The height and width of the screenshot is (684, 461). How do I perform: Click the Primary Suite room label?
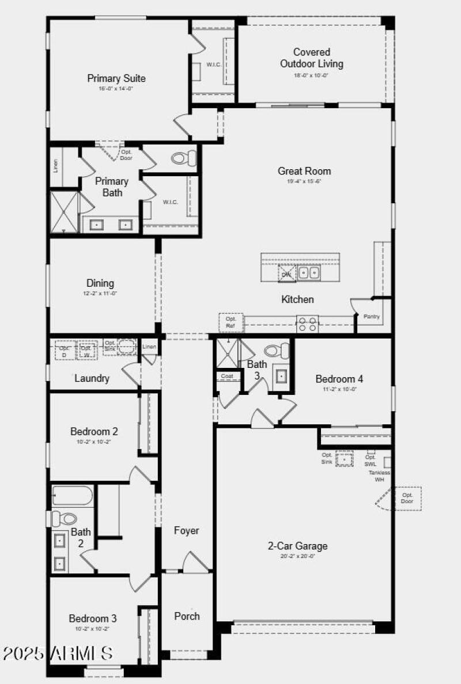pyautogui.click(x=116, y=78)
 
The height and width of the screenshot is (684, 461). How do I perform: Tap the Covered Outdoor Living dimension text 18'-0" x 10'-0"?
pyautogui.click(x=311, y=75)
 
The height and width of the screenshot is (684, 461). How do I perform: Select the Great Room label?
pyautogui.click(x=304, y=170)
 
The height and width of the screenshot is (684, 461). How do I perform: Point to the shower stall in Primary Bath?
pyautogui.click(x=63, y=212)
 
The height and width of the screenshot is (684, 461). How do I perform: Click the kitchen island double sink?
pyautogui.click(x=309, y=273)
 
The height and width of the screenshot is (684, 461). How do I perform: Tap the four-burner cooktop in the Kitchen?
pyautogui.click(x=307, y=324)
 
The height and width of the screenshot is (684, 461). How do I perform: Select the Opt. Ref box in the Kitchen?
pyautogui.click(x=231, y=322)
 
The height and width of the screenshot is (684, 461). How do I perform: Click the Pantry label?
pyautogui.click(x=372, y=317)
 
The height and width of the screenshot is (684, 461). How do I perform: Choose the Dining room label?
pyautogui.click(x=100, y=283)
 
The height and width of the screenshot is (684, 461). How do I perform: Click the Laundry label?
pyautogui.click(x=92, y=378)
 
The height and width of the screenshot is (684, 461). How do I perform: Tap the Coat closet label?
pyautogui.click(x=226, y=376)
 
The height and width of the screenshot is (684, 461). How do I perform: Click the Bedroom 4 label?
pyautogui.click(x=339, y=379)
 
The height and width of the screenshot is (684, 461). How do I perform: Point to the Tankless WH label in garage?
pyautogui.click(x=379, y=476)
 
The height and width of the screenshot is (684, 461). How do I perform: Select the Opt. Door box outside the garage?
pyautogui.click(x=407, y=498)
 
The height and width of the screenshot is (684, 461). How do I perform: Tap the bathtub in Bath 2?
pyautogui.click(x=72, y=495)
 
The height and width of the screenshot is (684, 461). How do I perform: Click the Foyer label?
pyautogui.click(x=187, y=530)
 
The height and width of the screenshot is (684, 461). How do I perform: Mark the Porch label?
pyautogui.click(x=187, y=616)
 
